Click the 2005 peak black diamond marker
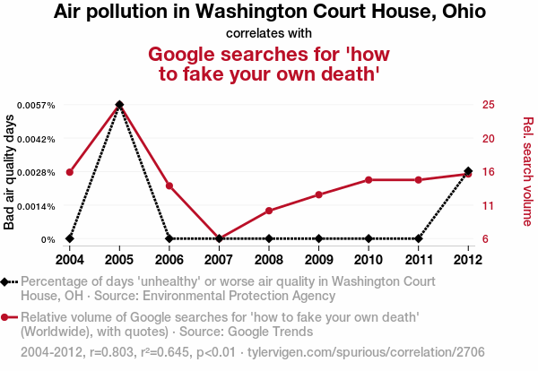pyautogui.click(x=119, y=105)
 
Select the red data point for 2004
pyautogui.click(x=70, y=172)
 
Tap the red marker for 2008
pyautogui.click(x=269, y=211)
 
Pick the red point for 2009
pyautogui.click(x=319, y=194)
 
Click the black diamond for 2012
pyautogui.click(x=468, y=172)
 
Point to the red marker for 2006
pyautogui.click(x=169, y=185)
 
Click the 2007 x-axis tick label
pyautogui.click(x=219, y=260)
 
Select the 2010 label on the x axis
pyautogui.click(x=369, y=260)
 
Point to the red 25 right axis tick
pyautogui.click(x=488, y=105)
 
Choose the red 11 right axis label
pyautogui.click(x=488, y=206)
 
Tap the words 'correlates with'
pyautogui.click(x=269, y=33)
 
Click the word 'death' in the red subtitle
pyautogui.click(x=350, y=73)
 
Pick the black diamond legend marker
pyautogui.click(x=6, y=281)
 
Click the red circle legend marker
pyautogui.click(x=6, y=317)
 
